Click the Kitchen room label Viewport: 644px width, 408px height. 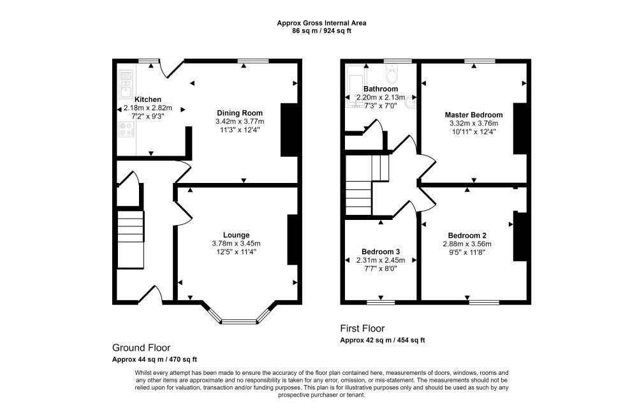tap(148, 99)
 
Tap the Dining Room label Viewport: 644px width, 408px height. tap(240, 113)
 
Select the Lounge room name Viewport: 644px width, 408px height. tap(236, 235)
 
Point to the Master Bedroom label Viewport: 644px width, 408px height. tap(474, 115)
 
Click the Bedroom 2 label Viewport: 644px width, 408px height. tap(467, 236)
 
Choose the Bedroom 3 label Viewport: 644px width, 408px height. tap(381, 252)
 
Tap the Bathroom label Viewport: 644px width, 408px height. tap(381, 89)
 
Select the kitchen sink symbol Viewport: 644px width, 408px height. tap(126, 85)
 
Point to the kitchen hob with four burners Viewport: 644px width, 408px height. tap(126, 129)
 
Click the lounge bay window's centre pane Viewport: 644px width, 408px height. tap(240, 322)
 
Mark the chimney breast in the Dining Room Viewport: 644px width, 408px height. tap(288, 129)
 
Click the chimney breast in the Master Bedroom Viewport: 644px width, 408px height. tap(520, 129)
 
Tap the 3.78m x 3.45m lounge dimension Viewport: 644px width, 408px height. tap(236, 244)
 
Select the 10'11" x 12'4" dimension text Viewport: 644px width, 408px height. tap(474, 132)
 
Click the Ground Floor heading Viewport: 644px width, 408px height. tap(142, 348)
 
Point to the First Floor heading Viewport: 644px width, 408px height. tap(362, 328)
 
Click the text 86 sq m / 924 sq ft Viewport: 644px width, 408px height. tap(321, 31)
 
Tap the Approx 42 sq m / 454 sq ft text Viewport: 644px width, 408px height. tap(383, 340)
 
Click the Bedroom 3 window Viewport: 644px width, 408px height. tap(381, 303)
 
